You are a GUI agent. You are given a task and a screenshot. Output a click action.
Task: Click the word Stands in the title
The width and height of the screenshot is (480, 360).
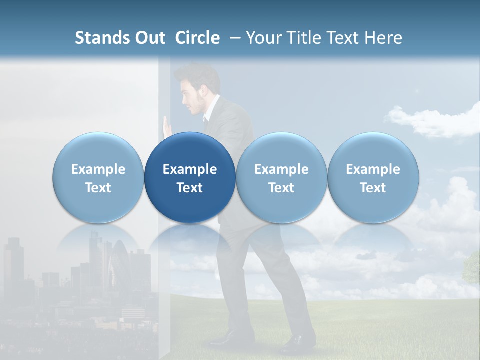(x=99, y=38)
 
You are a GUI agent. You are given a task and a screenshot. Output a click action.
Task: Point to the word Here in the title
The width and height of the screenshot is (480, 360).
(x=383, y=38)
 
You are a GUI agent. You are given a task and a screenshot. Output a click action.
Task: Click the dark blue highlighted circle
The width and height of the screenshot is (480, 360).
(x=190, y=178)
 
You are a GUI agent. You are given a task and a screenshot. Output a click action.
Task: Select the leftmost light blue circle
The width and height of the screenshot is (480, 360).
(x=98, y=178)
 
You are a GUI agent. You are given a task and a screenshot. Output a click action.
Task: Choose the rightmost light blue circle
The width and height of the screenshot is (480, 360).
(x=373, y=178)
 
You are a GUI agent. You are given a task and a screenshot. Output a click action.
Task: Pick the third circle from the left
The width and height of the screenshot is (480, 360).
(x=281, y=178)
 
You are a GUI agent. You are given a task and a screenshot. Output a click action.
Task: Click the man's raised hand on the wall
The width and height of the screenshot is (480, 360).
(x=167, y=125)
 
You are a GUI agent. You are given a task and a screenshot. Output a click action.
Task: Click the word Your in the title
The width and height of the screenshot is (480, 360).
(x=263, y=38)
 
